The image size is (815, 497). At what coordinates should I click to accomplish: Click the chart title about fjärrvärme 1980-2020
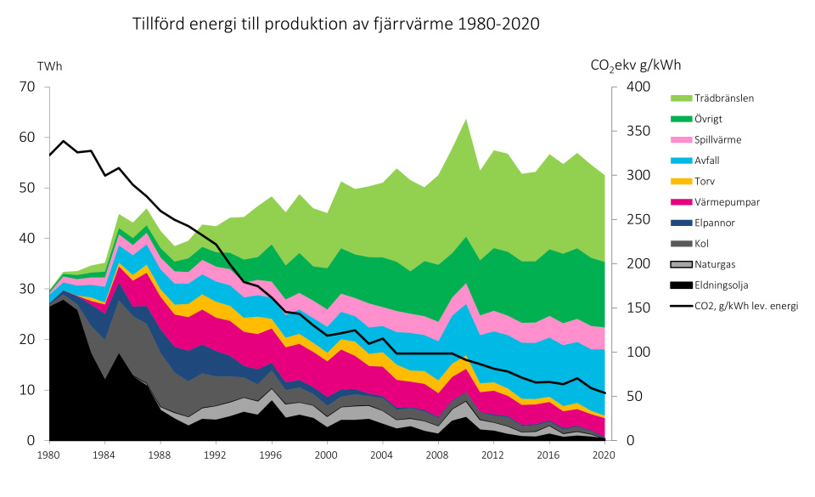pos(336,24)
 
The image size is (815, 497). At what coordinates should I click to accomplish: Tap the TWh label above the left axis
pos(49,66)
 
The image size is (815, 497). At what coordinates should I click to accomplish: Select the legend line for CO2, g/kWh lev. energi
pos(683,305)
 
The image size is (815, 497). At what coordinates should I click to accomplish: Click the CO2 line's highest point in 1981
pos(64,141)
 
